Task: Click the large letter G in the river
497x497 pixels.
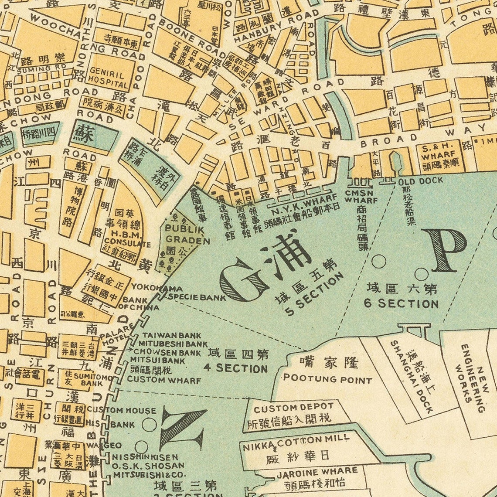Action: point(244,280)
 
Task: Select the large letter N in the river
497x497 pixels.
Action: point(182,429)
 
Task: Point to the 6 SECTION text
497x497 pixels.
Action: point(401,303)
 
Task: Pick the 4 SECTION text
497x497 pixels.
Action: point(235,368)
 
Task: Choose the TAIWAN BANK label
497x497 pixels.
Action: point(166,336)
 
